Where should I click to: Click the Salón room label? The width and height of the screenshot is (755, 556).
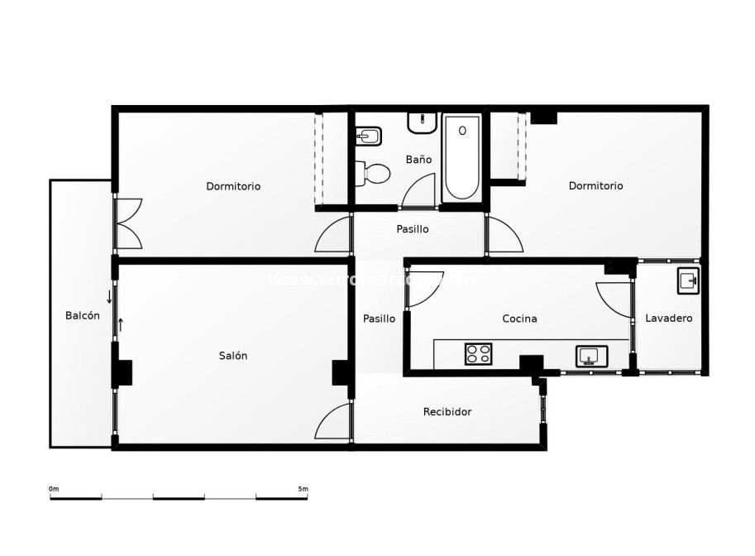(x=233, y=356)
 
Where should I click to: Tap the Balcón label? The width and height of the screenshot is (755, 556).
(x=83, y=315)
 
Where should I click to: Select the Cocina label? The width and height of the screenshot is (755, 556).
(x=519, y=319)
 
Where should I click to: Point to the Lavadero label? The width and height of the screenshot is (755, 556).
(x=668, y=318)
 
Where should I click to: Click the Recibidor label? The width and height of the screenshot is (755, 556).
(x=447, y=411)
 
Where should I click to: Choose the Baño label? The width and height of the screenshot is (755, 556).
(x=418, y=159)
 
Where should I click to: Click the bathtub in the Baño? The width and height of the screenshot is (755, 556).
(x=461, y=157)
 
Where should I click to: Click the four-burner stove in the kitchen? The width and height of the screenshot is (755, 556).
(x=478, y=354)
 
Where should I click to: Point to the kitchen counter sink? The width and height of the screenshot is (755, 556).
(x=590, y=356)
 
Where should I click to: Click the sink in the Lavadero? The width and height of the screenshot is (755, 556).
(x=687, y=280)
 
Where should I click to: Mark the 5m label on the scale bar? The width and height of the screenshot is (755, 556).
(x=303, y=489)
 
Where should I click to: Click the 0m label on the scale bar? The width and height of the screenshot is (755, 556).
(x=54, y=489)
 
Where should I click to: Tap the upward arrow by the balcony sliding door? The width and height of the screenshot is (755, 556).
(x=121, y=324)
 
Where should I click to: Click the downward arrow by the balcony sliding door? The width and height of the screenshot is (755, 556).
(x=109, y=296)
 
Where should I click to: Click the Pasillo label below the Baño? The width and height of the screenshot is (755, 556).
(x=412, y=229)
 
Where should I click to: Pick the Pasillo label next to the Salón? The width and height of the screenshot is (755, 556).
(x=379, y=319)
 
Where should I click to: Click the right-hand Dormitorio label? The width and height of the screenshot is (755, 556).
(x=595, y=186)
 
